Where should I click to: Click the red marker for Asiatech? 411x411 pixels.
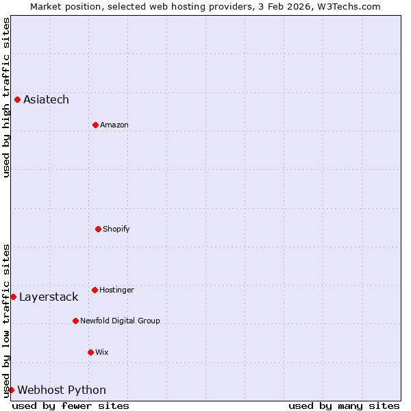17,99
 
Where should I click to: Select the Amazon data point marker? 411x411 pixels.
95,125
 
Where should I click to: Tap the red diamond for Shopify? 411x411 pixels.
98,229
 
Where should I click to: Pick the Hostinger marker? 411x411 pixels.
95,290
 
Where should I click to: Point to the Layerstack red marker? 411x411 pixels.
13,297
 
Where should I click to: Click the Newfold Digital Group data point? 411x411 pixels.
75,321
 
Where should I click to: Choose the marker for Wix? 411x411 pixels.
90,352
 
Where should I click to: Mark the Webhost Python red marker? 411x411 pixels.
11,390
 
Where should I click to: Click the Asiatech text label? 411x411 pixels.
46,100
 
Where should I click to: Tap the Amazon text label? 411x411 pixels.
114,125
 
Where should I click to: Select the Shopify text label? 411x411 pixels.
116,229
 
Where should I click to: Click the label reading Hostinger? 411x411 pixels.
116,290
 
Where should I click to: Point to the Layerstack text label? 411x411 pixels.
49,297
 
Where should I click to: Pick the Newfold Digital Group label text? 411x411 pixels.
120,321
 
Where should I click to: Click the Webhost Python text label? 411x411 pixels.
62,390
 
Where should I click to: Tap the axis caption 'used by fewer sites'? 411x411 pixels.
71,406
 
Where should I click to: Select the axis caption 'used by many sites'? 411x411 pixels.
343,406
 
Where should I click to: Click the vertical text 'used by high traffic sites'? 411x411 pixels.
6,97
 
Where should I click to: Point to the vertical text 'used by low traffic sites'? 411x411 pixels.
6,320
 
